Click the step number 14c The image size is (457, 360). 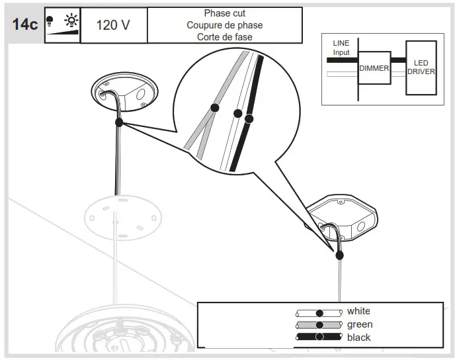25,25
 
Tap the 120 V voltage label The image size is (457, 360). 113,25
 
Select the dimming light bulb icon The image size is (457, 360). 62,25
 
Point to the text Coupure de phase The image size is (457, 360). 224,25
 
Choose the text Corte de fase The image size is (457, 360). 224,37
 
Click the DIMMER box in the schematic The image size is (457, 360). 374,68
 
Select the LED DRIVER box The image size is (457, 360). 421,67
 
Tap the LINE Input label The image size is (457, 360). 341,48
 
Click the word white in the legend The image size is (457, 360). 358,311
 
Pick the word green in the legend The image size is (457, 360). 360,324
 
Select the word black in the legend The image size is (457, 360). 359,337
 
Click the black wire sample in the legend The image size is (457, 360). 319,337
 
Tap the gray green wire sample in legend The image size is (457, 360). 319,325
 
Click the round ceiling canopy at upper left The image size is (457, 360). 124,92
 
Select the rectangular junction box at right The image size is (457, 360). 343,218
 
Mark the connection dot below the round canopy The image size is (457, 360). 119,122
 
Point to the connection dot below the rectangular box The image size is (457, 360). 339,255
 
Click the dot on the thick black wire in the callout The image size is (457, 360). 249,119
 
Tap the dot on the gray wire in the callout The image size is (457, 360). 214,107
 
